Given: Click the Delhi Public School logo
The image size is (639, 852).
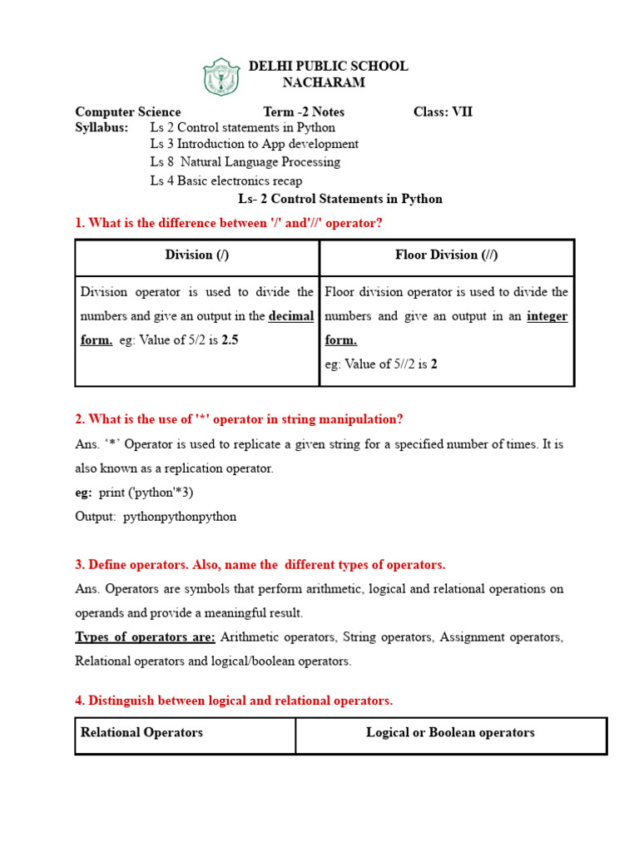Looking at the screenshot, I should click(221, 77).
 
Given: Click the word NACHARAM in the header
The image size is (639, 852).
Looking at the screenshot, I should click(324, 82).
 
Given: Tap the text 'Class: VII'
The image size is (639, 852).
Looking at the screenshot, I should click(443, 111).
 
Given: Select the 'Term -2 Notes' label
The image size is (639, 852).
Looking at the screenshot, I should click(304, 111).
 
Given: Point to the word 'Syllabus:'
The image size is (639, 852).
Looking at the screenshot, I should click(102, 127).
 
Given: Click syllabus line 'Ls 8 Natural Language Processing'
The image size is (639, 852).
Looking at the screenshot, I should click(245, 162).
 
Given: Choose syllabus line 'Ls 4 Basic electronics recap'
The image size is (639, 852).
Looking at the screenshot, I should click(226, 181).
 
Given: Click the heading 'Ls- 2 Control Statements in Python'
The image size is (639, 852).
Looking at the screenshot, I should click(340, 199).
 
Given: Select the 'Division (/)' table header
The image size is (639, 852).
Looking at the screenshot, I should click(197, 255).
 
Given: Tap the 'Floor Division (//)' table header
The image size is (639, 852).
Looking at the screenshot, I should click(447, 255).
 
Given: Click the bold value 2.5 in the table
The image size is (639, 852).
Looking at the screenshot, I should click(230, 340).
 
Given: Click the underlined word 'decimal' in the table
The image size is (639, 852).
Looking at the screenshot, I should click(291, 316).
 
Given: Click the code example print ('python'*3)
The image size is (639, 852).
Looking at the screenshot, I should click(146, 493).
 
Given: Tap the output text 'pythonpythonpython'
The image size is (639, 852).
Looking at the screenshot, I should click(180, 517).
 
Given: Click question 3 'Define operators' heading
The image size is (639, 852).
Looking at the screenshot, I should click(260, 564).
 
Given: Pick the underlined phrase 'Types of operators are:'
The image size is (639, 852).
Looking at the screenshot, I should click(146, 637).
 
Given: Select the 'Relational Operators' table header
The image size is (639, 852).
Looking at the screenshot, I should click(141, 733).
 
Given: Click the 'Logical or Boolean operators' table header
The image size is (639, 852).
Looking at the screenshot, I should click(450, 733).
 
